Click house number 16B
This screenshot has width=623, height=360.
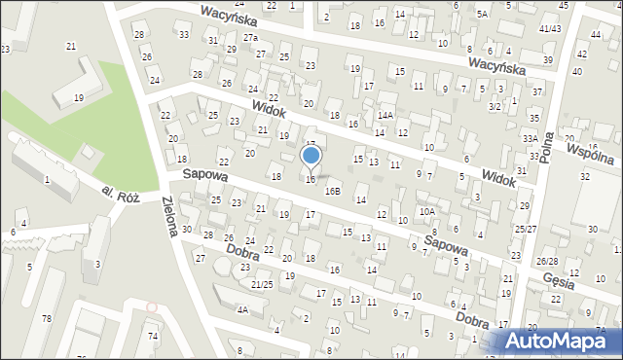(x=333, y=192)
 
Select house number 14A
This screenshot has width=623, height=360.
(x=385, y=116)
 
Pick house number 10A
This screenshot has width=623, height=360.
(x=426, y=211)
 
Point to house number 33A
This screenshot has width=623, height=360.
(x=530, y=139)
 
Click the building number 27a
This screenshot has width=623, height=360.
(x=253, y=37)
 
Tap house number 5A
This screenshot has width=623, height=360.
(x=482, y=15)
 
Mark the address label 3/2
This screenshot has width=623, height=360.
(x=495, y=105)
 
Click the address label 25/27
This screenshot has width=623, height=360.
(x=526, y=230)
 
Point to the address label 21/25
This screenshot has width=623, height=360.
(x=262, y=284)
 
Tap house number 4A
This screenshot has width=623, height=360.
(x=242, y=310)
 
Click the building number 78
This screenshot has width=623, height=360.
(x=46, y=319)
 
